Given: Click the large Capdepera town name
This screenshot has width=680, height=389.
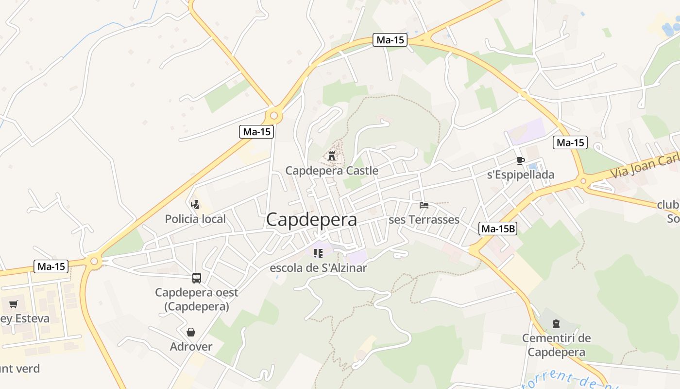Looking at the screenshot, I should click(x=311, y=219).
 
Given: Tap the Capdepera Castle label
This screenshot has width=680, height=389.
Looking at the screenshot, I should click(x=332, y=171).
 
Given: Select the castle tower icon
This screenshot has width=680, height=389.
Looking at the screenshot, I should click(x=332, y=156).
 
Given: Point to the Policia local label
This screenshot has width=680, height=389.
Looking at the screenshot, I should click(x=195, y=219).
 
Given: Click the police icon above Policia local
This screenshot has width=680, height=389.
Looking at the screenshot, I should click(x=195, y=204).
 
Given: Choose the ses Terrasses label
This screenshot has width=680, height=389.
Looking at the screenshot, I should click(x=424, y=220).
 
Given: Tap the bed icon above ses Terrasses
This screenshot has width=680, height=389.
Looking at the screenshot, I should click(x=424, y=205).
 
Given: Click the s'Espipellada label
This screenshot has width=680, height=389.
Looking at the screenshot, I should click(x=521, y=175).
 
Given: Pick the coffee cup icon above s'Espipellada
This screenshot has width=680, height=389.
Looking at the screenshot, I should click(x=521, y=160).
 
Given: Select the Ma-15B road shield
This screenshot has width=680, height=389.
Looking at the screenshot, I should click(x=498, y=229).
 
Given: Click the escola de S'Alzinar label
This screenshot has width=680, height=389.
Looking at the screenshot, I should click(x=318, y=268).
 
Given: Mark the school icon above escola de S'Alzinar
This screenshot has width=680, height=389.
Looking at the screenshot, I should click(x=318, y=253).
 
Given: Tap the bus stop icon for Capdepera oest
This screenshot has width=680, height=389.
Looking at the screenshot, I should click(x=197, y=278).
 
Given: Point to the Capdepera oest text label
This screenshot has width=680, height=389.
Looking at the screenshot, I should click(x=197, y=299).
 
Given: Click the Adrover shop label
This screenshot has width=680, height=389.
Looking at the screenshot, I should click(x=191, y=347).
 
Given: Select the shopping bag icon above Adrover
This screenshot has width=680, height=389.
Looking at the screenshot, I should click(x=191, y=332).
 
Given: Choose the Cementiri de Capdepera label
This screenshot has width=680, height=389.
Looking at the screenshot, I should click(x=557, y=345).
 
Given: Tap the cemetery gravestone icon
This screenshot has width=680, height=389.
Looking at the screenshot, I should click(x=557, y=323).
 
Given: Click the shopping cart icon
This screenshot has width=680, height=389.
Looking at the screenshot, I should click(x=13, y=304).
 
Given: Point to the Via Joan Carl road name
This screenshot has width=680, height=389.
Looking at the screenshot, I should click(x=644, y=166).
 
